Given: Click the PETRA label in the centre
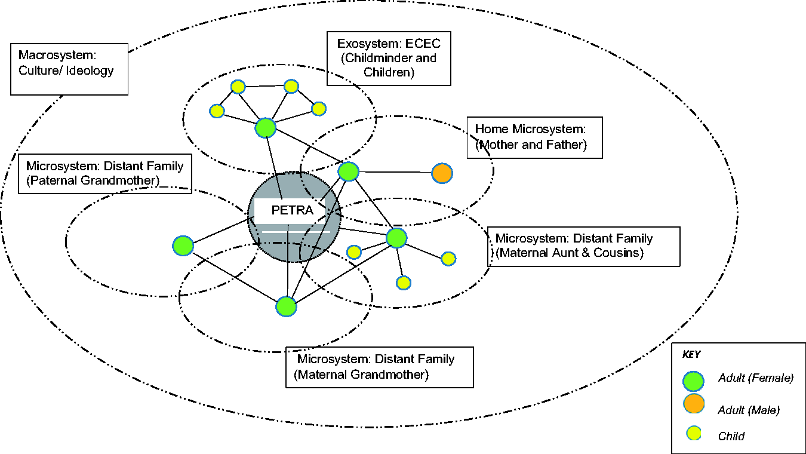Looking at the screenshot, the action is (x=292, y=210).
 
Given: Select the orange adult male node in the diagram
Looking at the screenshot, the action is (x=442, y=173).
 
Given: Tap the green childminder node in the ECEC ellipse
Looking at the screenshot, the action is (x=266, y=128).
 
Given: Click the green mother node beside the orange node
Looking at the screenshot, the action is (x=348, y=171).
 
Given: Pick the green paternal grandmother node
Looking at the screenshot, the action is (x=183, y=246).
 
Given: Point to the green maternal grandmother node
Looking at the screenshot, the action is (x=286, y=306).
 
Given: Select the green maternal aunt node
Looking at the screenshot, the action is (x=396, y=238).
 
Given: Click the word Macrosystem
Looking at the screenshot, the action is (x=57, y=55).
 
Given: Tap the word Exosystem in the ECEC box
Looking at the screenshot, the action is (x=369, y=44).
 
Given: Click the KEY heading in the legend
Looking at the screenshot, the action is (x=691, y=355).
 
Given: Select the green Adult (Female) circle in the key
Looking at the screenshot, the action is (x=693, y=381).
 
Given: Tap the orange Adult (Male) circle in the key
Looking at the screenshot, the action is (x=694, y=403).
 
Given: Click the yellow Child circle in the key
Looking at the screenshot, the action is (x=694, y=433).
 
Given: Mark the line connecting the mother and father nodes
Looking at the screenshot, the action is (x=395, y=172).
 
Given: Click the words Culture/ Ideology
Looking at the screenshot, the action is (x=66, y=70).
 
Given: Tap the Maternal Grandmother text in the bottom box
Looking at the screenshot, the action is (x=361, y=375).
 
